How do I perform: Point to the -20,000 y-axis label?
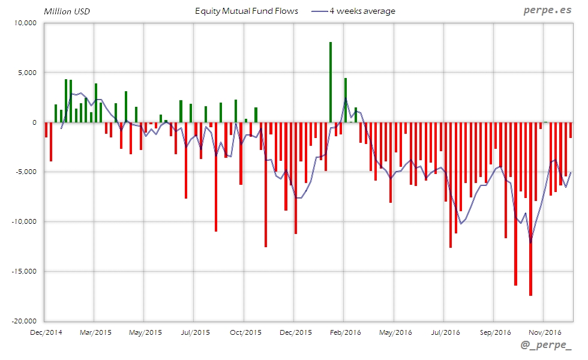pyautogui.click(x=23, y=321)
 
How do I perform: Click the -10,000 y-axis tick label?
pyautogui.click(x=23, y=221)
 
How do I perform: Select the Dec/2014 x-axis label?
pyautogui.click(x=46, y=332)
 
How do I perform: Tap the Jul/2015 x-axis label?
pyautogui.click(x=195, y=332)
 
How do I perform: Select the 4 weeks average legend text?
pyautogui.click(x=362, y=11)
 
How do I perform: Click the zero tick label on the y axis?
pyautogui.click(x=34, y=122)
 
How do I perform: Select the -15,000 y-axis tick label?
pyautogui.click(x=23, y=271)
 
